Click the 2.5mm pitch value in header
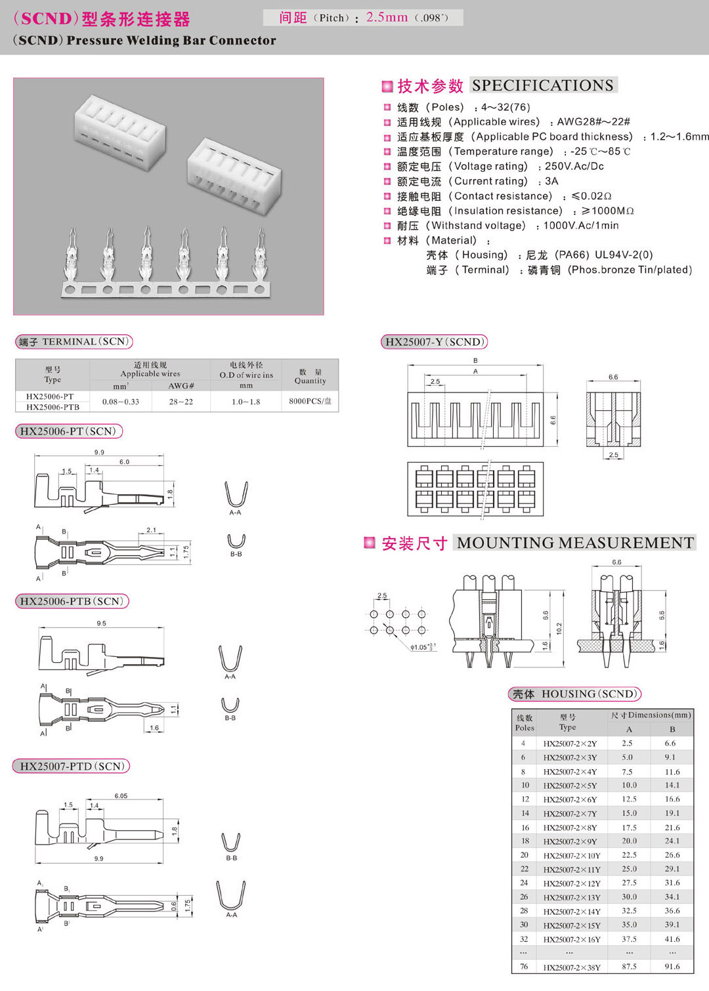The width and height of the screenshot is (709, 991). (387, 18)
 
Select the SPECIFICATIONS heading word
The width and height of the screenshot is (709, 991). (542, 85)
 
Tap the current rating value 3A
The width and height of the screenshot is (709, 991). (551, 181)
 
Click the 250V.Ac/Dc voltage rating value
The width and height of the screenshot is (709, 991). (574, 166)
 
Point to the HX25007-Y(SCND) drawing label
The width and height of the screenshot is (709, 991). (435, 342)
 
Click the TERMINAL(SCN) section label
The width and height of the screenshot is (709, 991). (74, 342)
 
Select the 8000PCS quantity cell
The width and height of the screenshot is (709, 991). (310, 401)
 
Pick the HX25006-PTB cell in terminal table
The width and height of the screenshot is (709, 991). (53, 407)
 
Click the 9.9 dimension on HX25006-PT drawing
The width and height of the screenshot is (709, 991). (99, 452)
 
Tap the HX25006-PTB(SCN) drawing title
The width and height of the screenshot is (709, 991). (71, 601)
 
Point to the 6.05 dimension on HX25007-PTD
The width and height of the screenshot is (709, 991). (121, 795)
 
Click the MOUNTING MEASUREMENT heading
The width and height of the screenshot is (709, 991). (575, 543)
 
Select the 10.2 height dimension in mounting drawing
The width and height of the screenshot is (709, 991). (559, 629)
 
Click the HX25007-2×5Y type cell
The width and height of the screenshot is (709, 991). (570, 786)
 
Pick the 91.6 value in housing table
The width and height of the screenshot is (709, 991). (672, 967)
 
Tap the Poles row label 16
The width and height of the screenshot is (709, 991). (525, 828)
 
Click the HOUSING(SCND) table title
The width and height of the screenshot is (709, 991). (574, 694)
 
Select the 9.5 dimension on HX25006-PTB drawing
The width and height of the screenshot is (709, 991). (101, 623)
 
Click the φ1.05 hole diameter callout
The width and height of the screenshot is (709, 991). (422, 647)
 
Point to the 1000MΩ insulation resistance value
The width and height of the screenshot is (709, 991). (608, 211)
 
